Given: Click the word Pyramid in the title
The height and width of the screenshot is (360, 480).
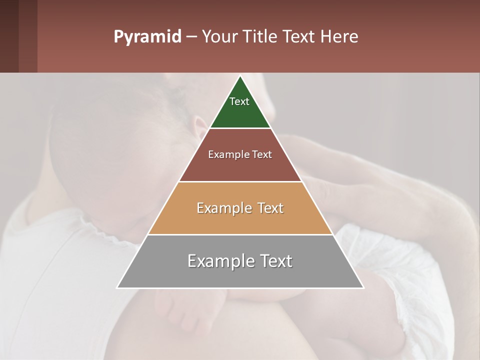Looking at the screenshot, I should point(147,37).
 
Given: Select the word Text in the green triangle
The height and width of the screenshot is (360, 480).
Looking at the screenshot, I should point(239,101).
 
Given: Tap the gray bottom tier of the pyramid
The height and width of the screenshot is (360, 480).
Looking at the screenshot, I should point(240,275).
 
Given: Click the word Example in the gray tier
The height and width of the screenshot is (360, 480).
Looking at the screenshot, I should point(216,261).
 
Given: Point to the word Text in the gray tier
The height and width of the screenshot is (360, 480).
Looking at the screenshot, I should point(273,261).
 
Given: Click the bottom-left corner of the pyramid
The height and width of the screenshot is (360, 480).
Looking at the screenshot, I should point(117,287).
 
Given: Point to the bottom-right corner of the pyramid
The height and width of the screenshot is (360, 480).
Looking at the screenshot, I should point(363,287).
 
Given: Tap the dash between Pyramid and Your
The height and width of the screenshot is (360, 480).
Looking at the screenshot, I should point(191,37).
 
